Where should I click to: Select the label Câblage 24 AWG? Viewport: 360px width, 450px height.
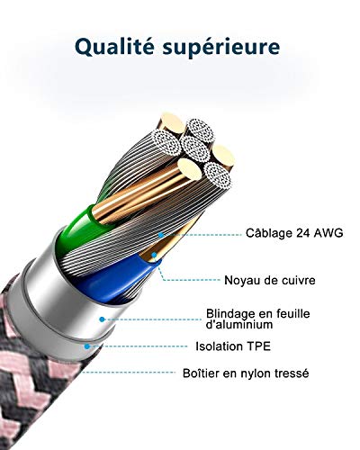(x=294, y=233)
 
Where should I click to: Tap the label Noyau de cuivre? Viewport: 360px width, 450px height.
(x=270, y=280)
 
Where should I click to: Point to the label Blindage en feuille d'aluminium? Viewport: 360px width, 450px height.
(x=258, y=319)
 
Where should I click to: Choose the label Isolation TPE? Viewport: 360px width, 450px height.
(x=233, y=346)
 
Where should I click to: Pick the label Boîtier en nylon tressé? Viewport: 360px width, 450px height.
(x=246, y=373)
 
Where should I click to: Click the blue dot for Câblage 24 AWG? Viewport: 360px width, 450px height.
(x=161, y=235)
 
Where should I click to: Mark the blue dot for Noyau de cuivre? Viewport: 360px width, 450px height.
(x=154, y=255)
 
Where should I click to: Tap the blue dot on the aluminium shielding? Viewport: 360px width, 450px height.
(x=102, y=319)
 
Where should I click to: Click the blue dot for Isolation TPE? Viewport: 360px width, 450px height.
(x=87, y=346)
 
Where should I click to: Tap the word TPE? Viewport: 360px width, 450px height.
(x=258, y=346)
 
